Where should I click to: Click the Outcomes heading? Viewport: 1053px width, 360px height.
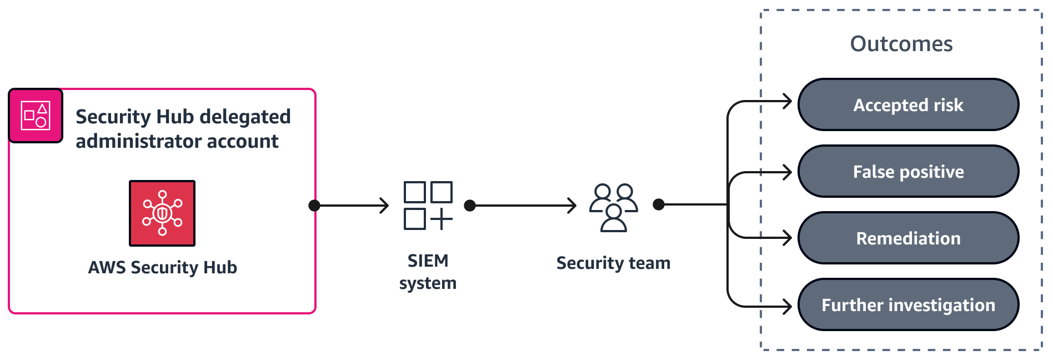(x=901, y=44)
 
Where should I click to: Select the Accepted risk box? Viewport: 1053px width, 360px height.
(x=908, y=105)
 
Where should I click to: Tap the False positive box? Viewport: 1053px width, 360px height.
(x=908, y=172)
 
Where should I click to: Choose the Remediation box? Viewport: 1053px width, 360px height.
(x=908, y=238)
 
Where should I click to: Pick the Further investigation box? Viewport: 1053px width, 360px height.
(x=908, y=305)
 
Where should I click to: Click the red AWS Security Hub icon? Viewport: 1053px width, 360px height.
(x=162, y=213)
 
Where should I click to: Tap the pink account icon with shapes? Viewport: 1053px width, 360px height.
(x=36, y=116)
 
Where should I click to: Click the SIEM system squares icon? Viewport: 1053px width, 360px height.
(x=428, y=206)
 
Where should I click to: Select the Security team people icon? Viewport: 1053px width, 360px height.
(x=613, y=207)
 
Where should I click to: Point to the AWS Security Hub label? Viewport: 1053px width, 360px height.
(x=162, y=268)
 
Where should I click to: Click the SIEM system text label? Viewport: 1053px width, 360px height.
(x=428, y=272)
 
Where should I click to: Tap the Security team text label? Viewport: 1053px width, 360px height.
(x=613, y=263)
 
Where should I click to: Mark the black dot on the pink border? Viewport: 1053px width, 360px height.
(x=314, y=206)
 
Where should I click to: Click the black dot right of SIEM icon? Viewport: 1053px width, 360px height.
(x=470, y=206)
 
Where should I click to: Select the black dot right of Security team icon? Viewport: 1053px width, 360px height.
(x=659, y=204)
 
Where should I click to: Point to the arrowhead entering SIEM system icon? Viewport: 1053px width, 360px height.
(x=384, y=206)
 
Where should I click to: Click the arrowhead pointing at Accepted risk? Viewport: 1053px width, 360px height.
(x=787, y=102)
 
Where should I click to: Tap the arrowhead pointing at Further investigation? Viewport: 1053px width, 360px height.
(x=787, y=306)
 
